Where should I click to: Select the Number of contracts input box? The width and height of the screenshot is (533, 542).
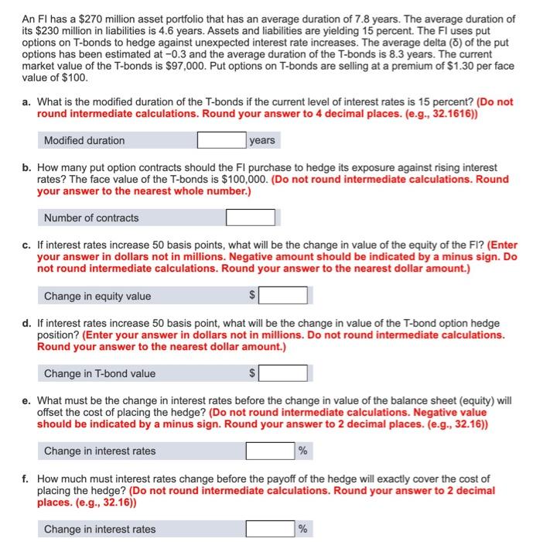251,218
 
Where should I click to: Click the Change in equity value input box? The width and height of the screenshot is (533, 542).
284,296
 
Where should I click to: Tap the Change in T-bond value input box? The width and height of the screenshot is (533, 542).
284,373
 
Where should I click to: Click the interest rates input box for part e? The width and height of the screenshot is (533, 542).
270,451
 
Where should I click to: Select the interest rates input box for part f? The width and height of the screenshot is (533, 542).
270,529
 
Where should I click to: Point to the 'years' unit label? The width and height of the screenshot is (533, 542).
263,140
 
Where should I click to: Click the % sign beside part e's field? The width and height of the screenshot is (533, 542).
303,451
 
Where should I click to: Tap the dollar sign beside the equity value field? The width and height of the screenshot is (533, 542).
251,296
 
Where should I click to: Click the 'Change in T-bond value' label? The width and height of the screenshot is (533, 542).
100,373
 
